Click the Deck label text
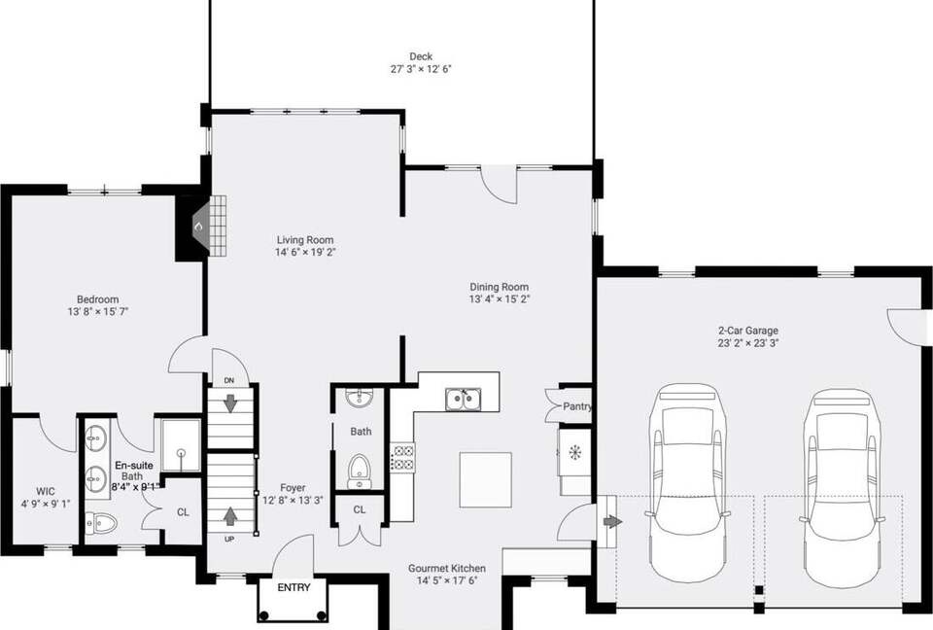(x=421, y=56)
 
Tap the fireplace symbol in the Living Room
(x=203, y=227)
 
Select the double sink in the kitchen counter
(x=463, y=399)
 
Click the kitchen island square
(x=486, y=480)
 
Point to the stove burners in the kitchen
(x=402, y=458)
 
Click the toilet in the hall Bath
(x=360, y=472)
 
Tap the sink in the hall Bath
(x=360, y=398)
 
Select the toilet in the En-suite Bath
(x=102, y=523)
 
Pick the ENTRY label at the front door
(x=294, y=588)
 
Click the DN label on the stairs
(x=229, y=380)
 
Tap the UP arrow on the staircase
(x=230, y=515)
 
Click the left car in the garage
(x=687, y=482)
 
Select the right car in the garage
(x=841, y=486)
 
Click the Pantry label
(x=577, y=406)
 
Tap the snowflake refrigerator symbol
(x=574, y=452)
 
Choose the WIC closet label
(x=46, y=491)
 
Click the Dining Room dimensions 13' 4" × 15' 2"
(x=500, y=299)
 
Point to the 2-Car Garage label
(x=748, y=331)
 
